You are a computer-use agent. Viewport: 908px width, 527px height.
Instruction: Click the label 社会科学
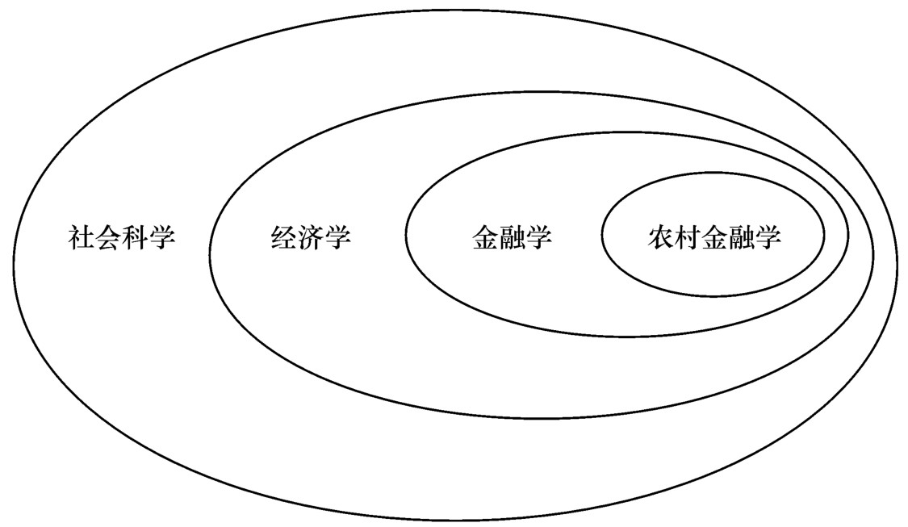[122, 238]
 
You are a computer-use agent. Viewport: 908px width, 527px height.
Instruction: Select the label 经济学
[311, 238]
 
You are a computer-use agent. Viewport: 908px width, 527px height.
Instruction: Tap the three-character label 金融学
[512, 238]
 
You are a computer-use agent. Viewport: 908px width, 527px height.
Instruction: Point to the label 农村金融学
[714, 238]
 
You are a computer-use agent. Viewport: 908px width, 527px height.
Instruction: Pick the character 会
[108, 238]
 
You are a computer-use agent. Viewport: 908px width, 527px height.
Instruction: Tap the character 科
[136, 238]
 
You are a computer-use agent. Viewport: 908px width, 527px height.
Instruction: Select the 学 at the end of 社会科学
[162, 238]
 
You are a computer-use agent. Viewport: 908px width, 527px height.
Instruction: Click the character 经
[284, 238]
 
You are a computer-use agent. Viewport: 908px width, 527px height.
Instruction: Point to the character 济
[311, 238]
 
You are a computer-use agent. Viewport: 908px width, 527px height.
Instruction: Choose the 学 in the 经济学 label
[337, 238]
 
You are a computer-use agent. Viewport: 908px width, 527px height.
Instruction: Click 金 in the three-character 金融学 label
[485, 238]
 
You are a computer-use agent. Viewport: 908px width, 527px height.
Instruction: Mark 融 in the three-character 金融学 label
[512, 238]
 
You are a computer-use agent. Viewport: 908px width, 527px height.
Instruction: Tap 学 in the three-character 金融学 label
[538, 238]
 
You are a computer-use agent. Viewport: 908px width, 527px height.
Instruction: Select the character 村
[688, 238]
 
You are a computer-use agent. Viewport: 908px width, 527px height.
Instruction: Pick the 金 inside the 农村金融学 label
[714, 238]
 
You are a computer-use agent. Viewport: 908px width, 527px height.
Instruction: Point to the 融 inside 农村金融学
[741, 238]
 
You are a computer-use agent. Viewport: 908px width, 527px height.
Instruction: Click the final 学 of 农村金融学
[768, 238]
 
